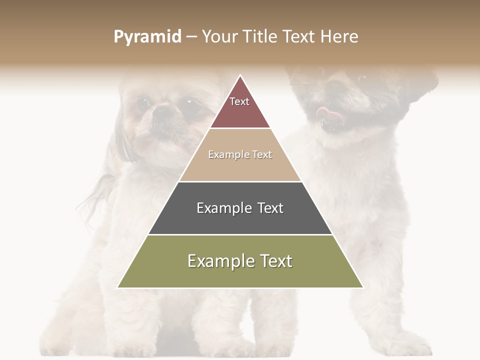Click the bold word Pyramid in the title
click(x=147, y=37)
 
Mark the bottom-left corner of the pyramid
click(x=118, y=287)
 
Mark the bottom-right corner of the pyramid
click(x=362, y=287)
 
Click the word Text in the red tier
click(x=239, y=101)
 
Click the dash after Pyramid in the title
click(x=191, y=37)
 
